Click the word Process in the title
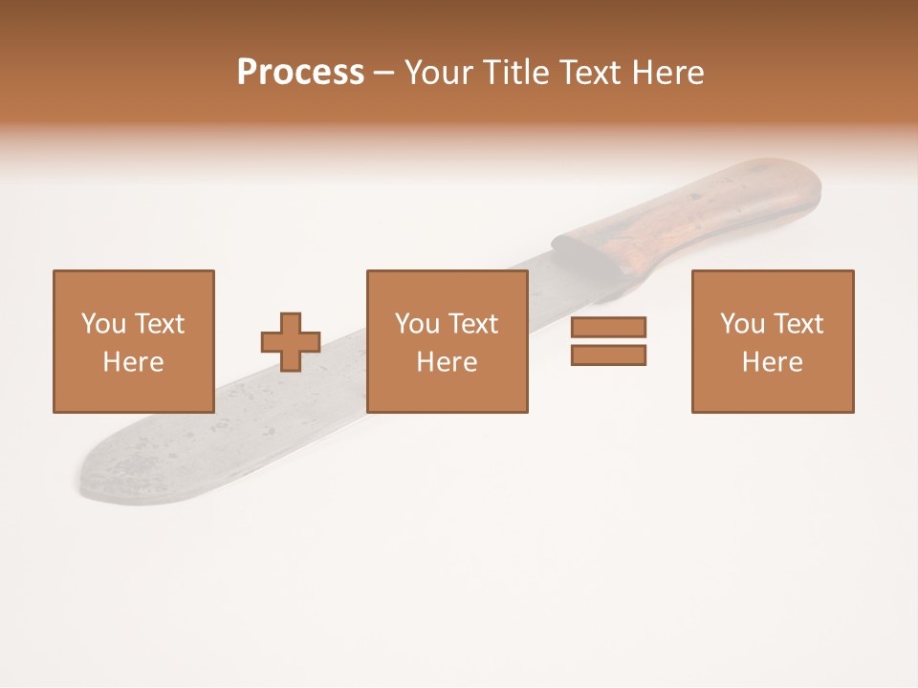(x=300, y=73)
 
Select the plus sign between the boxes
(x=291, y=342)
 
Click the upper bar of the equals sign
(x=608, y=327)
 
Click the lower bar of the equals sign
(x=608, y=355)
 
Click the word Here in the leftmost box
(x=133, y=362)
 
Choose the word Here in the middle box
(x=447, y=362)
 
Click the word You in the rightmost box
(x=743, y=324)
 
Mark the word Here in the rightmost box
(x=773, y=362)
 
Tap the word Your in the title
(x=438, y=73)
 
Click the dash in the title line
(x=384, y=73)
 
